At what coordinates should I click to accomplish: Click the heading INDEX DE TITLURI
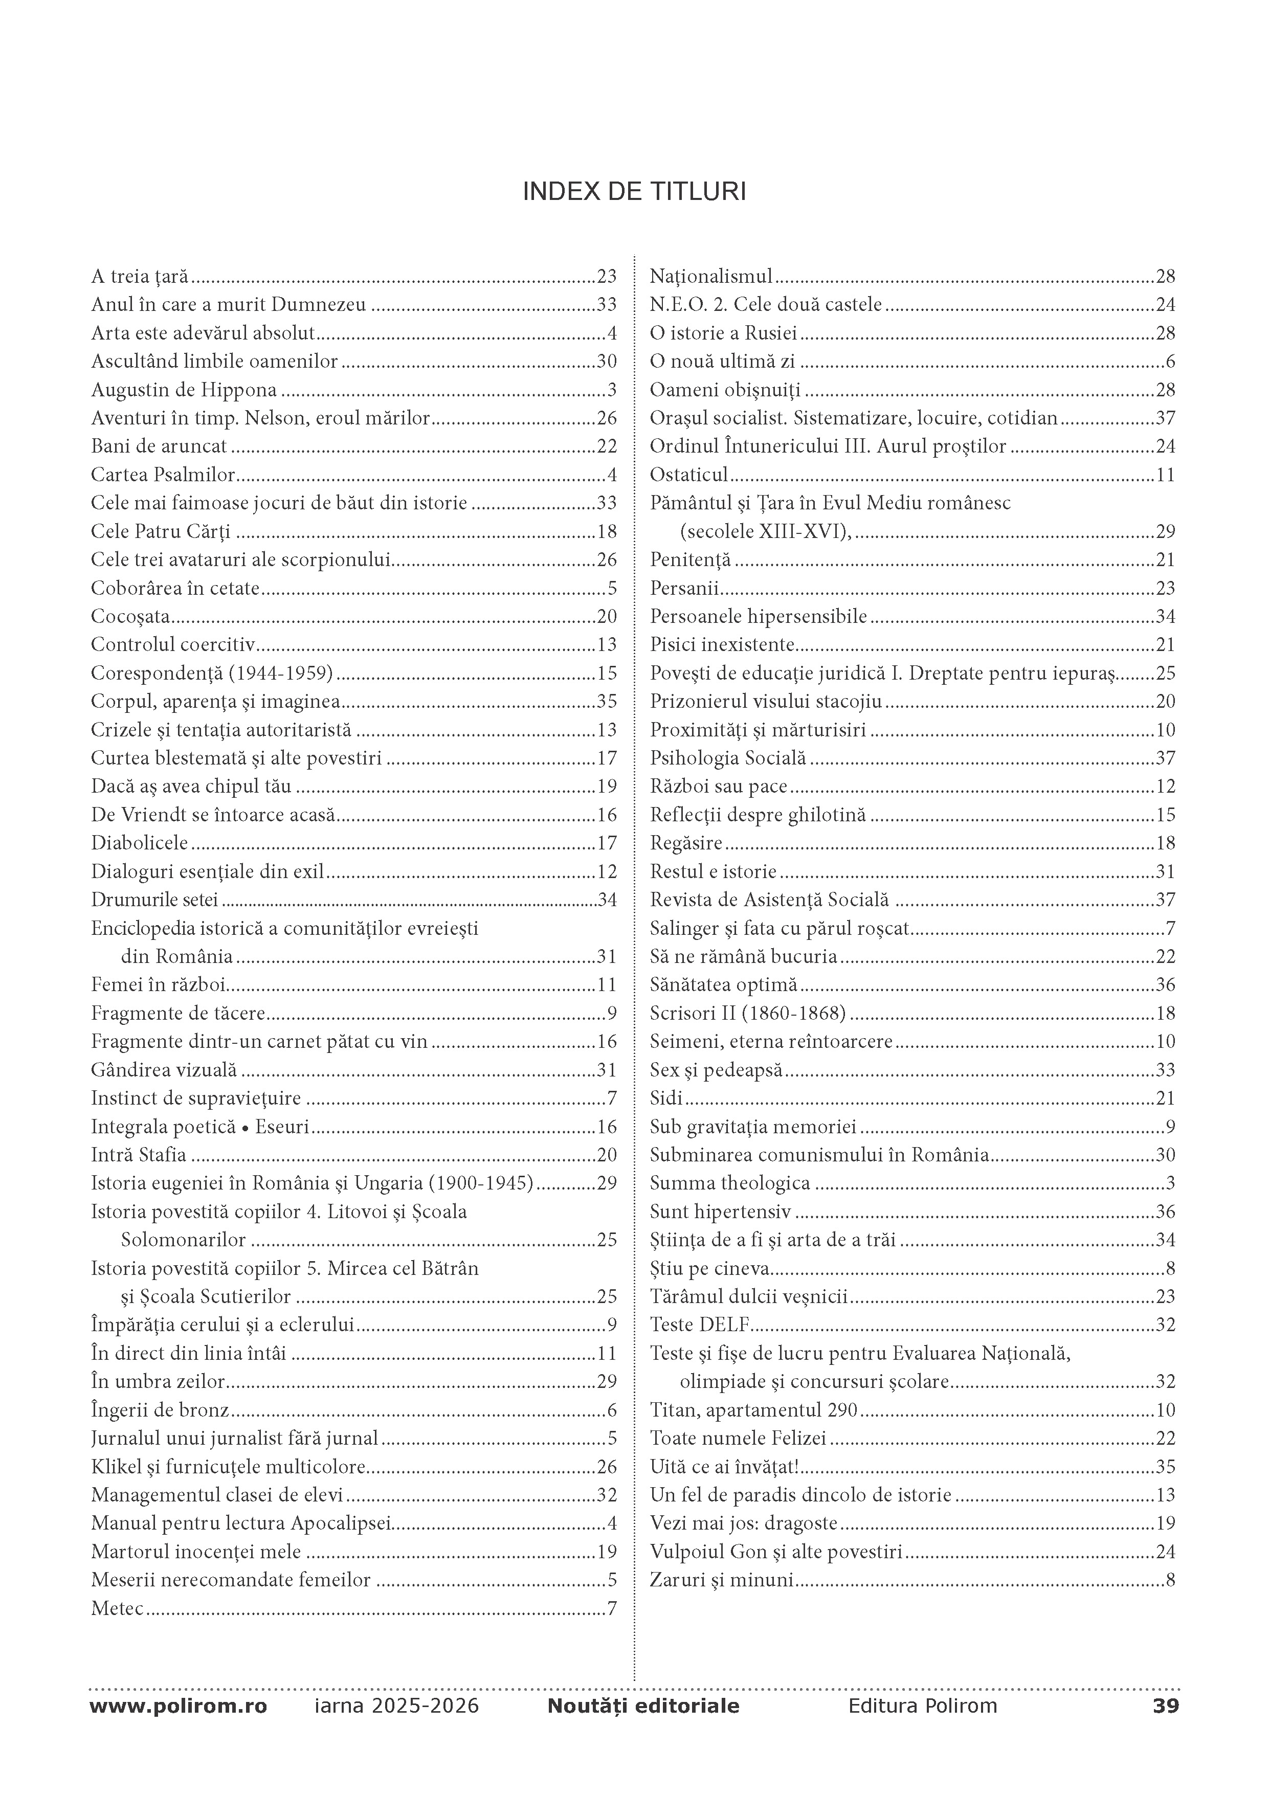coord(634,192)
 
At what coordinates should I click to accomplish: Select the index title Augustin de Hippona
coord(184,390)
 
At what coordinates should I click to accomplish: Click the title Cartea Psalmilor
coord(163,474)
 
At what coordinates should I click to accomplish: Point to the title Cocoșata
coord(130,616)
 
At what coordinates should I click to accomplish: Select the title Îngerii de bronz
coord(160,1409)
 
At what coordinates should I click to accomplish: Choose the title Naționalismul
coord(710,276)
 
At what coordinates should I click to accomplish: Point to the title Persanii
coord(684,588)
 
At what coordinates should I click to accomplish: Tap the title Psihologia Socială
coord(727,758)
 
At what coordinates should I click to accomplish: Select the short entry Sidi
coord(666,1098)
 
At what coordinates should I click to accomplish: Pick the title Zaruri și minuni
coord(721,1580)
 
